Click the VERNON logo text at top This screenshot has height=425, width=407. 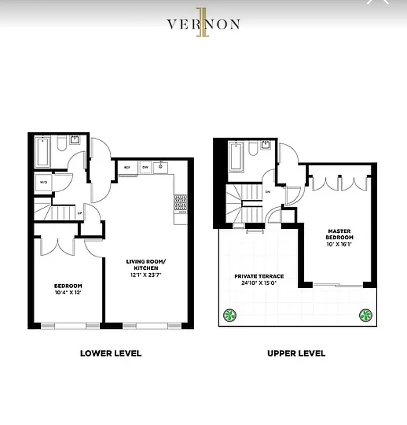pyautogui.click(x=203, y=24)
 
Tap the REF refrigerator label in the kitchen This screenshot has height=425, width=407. pyautogui.click(x=127, y=167)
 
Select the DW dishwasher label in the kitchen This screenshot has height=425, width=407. pyautogui.click(x=144, y=167)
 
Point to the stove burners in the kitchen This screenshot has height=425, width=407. pyautogui.click(x=180, y=202)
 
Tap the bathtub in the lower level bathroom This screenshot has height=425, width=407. pyautogui.click(x=44, y=152)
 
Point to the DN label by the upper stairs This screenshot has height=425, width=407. pyautogui.click(x=268, y=192)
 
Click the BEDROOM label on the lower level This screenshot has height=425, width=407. pyautogui.click(x=68, y=286)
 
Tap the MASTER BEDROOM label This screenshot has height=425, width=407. pyautogui.click(x=340, y=234)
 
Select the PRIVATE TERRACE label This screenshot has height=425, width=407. pyautogui.click(x=259, y=276)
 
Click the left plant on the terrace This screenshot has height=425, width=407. pyautogui.click(x=229, y=315)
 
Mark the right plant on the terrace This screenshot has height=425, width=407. pyautogui.click(x=365, y=315)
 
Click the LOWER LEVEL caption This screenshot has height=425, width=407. pyautogui.click(x=111, y=353)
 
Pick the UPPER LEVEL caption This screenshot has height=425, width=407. pyautogui.click(x=296, y=353)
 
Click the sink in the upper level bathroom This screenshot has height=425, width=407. pyautogui.click(x=265, y=146)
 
